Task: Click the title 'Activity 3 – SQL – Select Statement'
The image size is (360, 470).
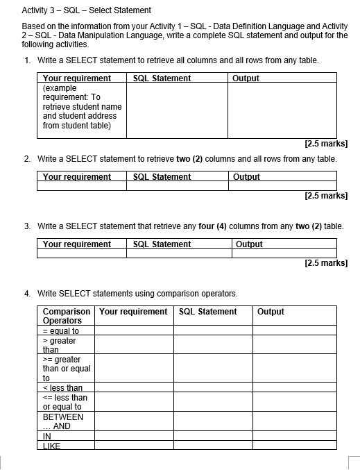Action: click(87, 10)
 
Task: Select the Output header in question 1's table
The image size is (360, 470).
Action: click(246, 78)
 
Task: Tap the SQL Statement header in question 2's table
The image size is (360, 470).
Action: click(161, 177)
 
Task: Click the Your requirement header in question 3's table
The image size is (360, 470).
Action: click(76, 244)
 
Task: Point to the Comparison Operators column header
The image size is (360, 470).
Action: click(66, 316)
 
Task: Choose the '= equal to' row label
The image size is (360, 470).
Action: click(61, 331)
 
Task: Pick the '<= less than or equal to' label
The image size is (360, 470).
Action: click(65, 402)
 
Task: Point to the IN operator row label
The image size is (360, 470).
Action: click(47, 437)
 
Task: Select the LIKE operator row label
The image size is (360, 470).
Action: click(52, 446)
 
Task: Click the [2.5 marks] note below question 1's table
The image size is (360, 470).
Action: click(325, 144)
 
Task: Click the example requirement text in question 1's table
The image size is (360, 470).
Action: click(81, 107)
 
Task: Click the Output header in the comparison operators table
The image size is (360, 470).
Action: click(271, 312)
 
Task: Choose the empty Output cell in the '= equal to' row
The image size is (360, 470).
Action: click(295, 331)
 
